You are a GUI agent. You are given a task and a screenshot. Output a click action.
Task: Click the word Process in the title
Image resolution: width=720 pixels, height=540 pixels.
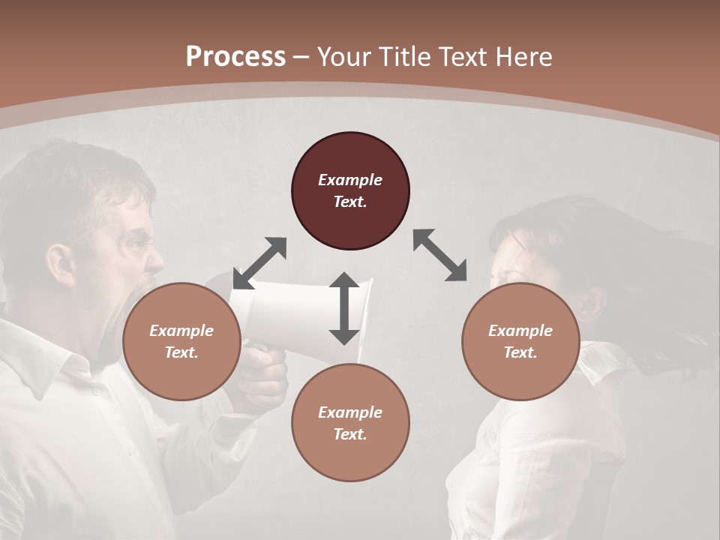tap(235, 57)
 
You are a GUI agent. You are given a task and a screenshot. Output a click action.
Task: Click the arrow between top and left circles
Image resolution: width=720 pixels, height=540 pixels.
tap(259, 263)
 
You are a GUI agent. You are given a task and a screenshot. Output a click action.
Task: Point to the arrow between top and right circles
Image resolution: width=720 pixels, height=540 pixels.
tap(439, 255)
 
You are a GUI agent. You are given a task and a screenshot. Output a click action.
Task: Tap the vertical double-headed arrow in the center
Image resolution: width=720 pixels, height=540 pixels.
tap(344, 308)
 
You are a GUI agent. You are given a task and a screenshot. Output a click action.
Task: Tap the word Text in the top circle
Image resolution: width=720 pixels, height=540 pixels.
tap(349, 202)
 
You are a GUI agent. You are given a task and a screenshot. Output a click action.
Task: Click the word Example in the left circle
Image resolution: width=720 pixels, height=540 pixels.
tap(181, 331)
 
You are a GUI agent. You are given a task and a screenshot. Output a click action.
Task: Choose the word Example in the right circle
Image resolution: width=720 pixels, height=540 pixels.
tap(520, 331)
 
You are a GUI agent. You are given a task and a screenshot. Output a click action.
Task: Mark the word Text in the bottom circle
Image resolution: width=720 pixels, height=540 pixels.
tap(349, 434)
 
